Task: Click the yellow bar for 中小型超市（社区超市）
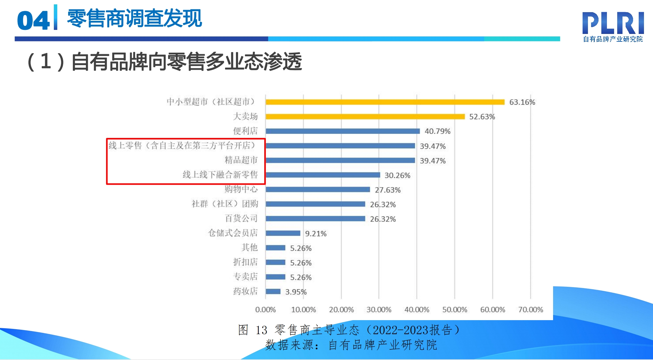[x=385, y=102]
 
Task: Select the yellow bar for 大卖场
[x=365, y=116]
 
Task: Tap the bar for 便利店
[x=343, y=131]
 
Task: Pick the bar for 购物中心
[x=318, y=189]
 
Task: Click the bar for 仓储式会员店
[x=283, y=233]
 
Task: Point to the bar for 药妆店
[x=273, y=291]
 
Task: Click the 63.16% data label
[x=522, y=102]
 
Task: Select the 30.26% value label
[x=397, y=175]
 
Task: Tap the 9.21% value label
[x=316, y=234]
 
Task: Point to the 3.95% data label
[x=296, y=292]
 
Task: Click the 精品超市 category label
[x=241, y=160]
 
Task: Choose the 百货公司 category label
[x=241, y=218]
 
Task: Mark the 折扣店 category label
[x=246, y=262]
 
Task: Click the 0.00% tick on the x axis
[x=265, y=310]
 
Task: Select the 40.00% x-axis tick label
[x=417, y=310]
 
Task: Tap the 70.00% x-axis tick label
[x=530, y=310]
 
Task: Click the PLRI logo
[x=613, y=26]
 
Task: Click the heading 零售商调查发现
[x=134, y=19]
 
